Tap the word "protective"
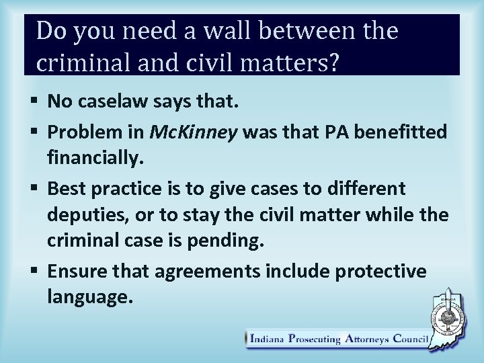click(389, 272)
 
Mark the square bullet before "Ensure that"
click(36, 272)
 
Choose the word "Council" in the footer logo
click(407, 340)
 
